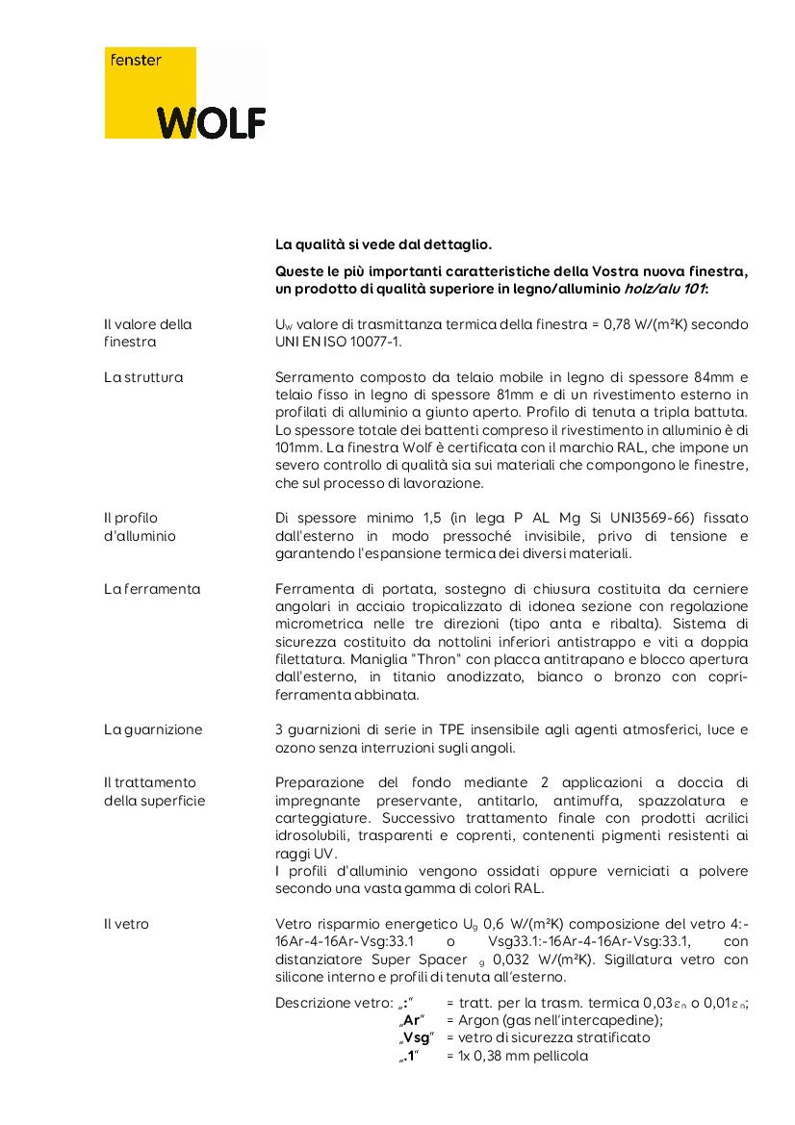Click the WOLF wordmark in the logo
(x=212, y=122)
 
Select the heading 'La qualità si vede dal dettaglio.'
(x=383, y=245)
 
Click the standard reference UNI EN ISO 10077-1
(x=338, y=342)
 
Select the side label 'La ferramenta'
(x=152, y=589)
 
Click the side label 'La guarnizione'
(x=153, y=729)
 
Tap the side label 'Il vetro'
(x=126, y=924)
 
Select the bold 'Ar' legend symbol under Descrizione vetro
(x=413, y=1020)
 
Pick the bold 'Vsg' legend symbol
(x=417, y=1037)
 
